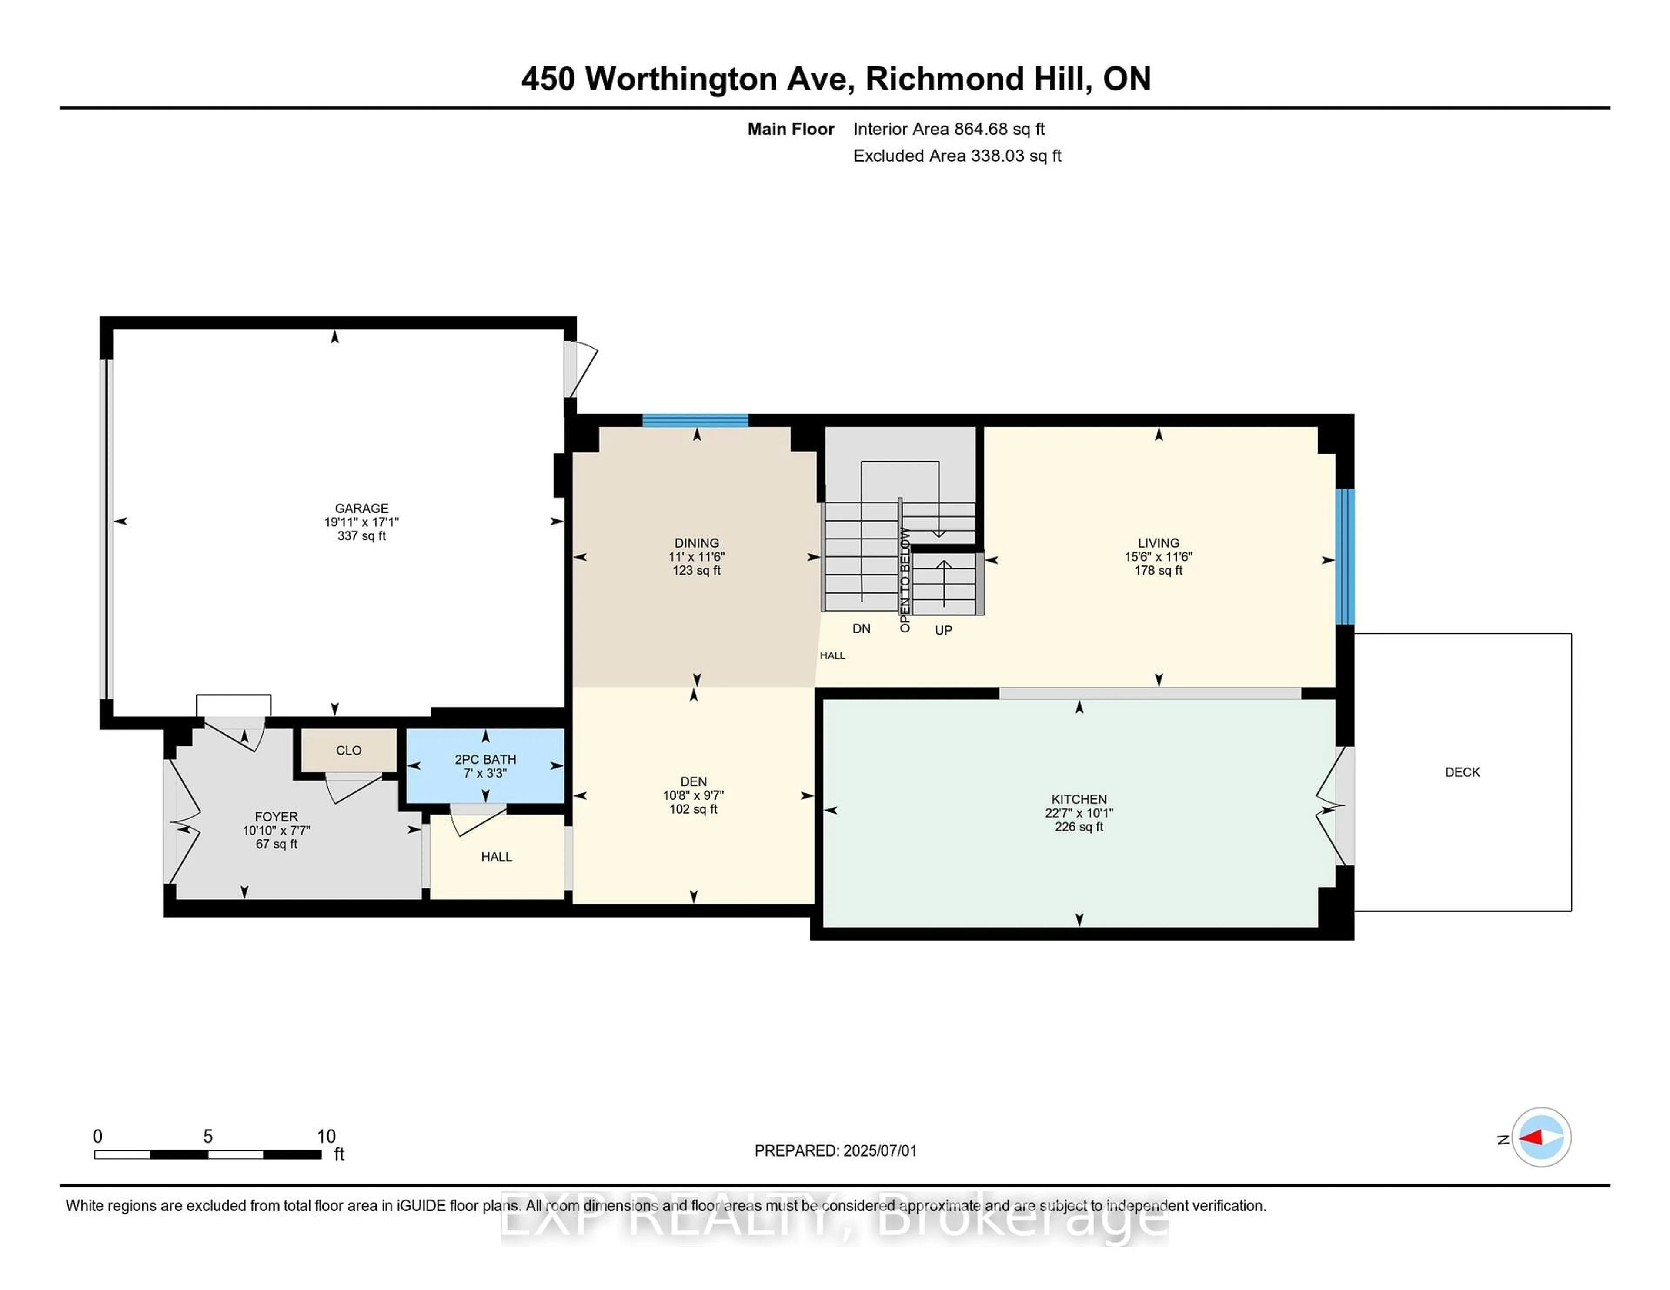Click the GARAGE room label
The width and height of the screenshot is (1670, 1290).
coord(362,508)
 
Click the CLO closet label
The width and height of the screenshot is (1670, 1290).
coord(349,751)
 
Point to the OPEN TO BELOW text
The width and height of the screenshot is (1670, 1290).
coord(905,579)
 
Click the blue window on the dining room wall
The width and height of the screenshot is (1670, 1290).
coord(695,419)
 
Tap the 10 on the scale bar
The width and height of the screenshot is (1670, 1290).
coord(327,1137)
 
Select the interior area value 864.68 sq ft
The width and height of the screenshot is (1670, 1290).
coord(999,129)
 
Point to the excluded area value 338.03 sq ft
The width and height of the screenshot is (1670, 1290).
coord(1016,156)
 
